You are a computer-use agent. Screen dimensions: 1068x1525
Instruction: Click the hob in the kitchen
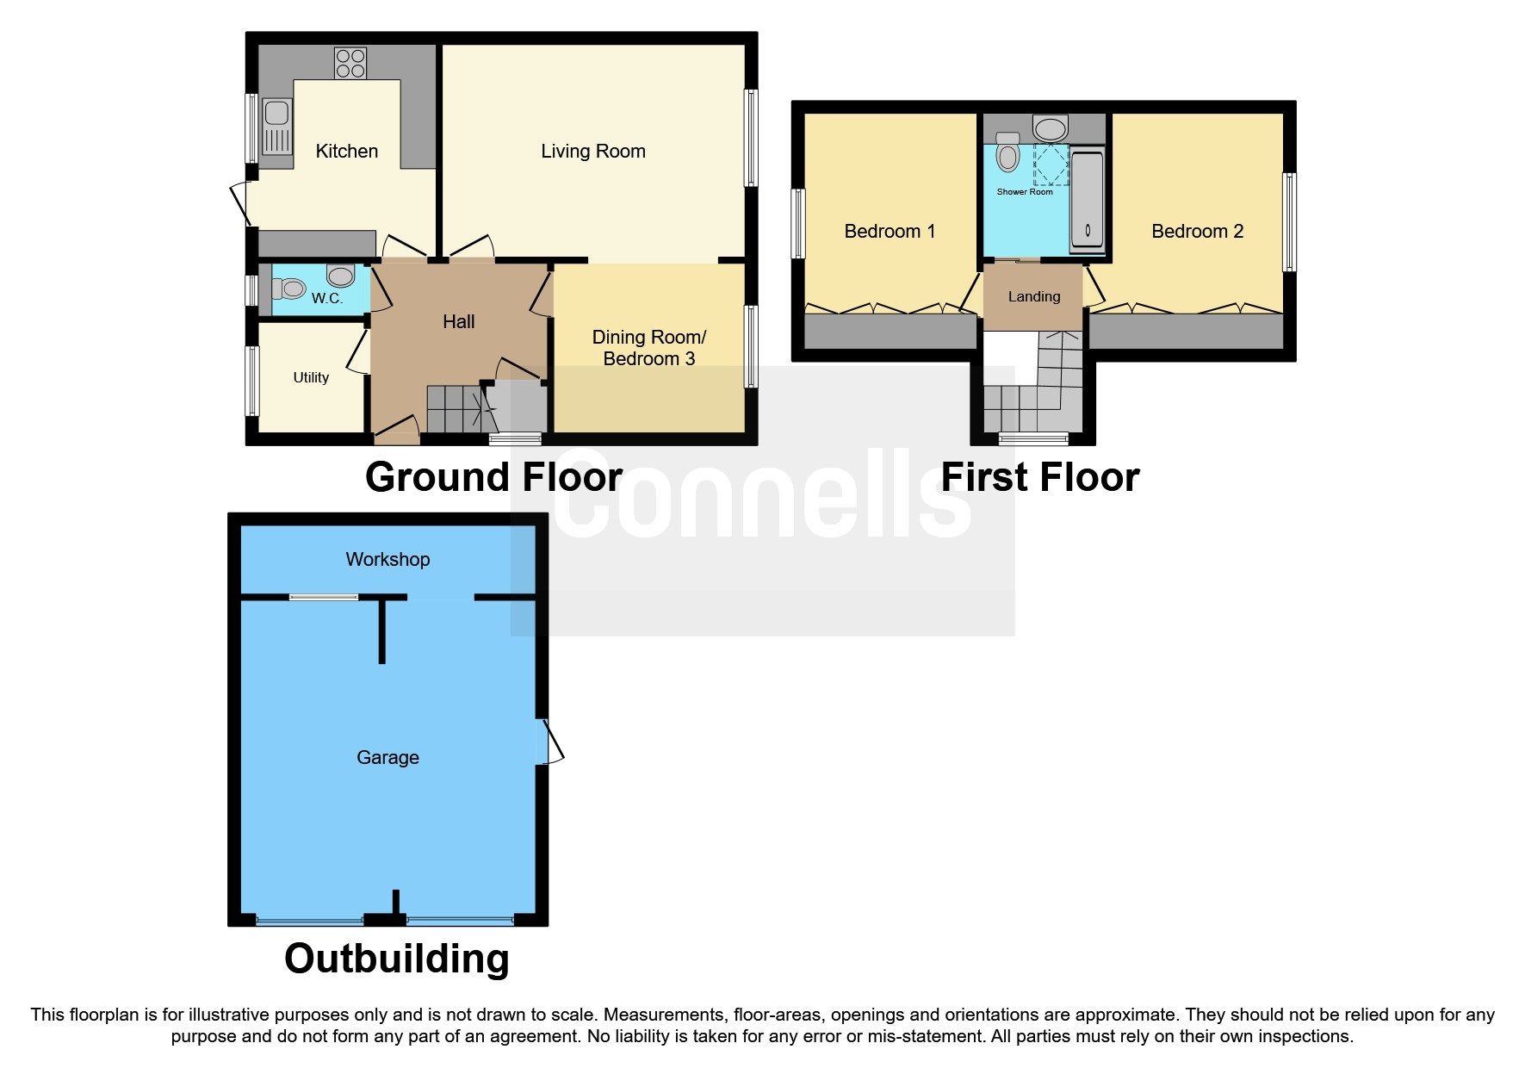(350, 63)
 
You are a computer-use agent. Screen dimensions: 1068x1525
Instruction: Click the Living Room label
(592, 152)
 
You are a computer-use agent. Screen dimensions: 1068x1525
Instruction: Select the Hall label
(458, 321)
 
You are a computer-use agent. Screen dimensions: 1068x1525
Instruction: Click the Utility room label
(311, 377)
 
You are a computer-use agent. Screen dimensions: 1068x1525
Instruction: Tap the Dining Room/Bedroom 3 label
(648, 348)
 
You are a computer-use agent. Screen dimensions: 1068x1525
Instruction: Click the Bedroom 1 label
(889, 231)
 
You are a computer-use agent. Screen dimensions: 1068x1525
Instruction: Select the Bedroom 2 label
(1197, 231)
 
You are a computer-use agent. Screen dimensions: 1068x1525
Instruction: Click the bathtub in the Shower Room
(1088, 201)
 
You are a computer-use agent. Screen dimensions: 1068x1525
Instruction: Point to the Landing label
(1033, 296)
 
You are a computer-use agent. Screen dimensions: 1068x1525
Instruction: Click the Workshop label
(387, 560)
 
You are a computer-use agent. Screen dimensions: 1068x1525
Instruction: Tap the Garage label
(387, 758)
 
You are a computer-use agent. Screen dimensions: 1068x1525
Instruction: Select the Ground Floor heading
(493, 477)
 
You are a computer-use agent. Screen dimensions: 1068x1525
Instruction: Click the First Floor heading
(1039, 477)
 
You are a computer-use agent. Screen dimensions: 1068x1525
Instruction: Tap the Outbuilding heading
(397, 959)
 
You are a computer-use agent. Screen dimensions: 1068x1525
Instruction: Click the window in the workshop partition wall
(323, 596)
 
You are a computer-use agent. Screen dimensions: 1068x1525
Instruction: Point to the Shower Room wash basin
(1051, 129)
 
